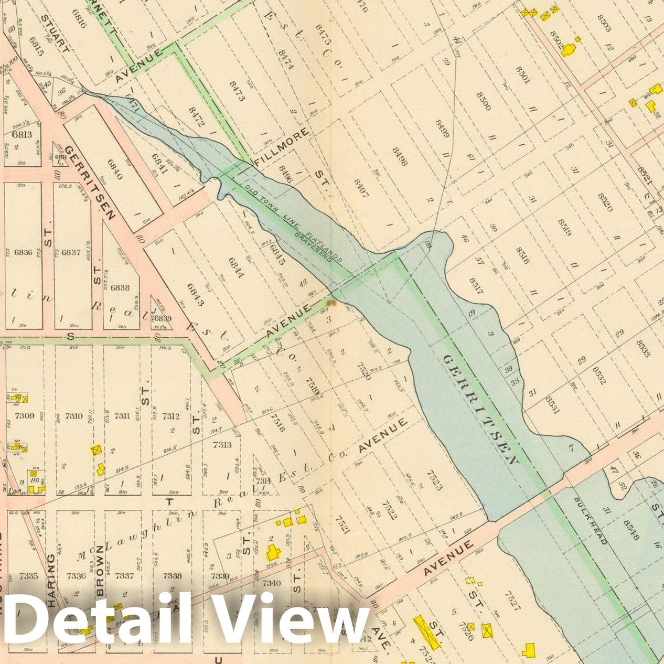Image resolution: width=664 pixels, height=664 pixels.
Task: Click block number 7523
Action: pos(434,479)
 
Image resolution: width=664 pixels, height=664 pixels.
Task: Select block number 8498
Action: pos(399,156)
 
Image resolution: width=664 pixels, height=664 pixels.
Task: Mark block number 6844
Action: pos(237,267)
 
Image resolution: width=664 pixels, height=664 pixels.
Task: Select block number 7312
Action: pos(171,416)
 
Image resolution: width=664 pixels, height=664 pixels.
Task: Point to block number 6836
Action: pos(24,252)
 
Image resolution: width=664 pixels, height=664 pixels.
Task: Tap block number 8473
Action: pos(237,91)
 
